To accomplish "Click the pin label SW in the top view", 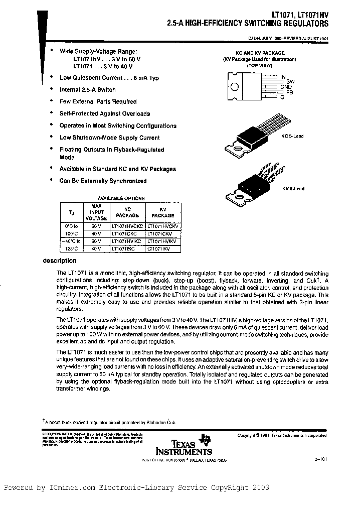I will tap(290, 81).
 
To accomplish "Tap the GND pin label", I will tap(286, 86).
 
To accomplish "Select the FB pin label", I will tap(289, 92).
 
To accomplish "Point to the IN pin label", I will tap(283, 77).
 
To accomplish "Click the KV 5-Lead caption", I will tap(293, 189).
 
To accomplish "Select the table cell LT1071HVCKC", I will tap(128, 226).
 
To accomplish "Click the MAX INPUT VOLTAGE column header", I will tap(99, 212).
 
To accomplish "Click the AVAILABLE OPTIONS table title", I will tap(121, 198).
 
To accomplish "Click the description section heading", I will tap(60, 261).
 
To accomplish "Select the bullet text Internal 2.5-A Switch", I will tap(87, 90).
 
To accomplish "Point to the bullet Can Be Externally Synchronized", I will tap(103, 181).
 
